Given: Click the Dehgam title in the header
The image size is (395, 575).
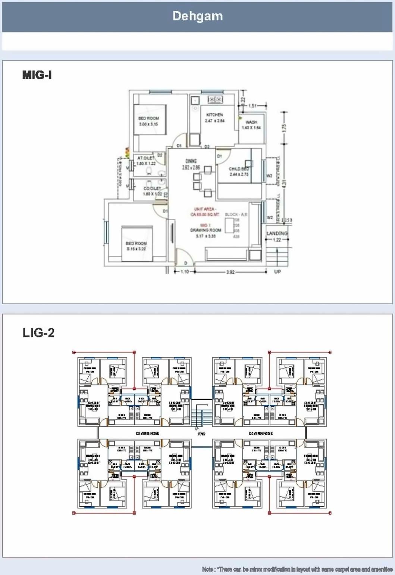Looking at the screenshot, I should click(197, 16).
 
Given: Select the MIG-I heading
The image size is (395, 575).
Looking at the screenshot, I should click(37, 75).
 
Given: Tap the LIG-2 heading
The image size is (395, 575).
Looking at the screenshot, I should click(38, 333).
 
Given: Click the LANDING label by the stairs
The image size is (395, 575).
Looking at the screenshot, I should click(277, 233).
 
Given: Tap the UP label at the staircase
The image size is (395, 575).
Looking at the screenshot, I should click(277, 272).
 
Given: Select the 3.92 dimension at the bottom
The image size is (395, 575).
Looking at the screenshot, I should click(230, 272).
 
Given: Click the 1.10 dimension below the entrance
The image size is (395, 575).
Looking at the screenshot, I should click(184, 272).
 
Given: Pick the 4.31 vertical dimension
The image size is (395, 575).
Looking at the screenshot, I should click(284, 184).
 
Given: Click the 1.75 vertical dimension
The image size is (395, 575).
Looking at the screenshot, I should click(284, 128).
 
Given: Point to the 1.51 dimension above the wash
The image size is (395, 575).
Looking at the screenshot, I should click(253, 106).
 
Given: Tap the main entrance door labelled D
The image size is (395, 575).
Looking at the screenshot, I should click(185, 263).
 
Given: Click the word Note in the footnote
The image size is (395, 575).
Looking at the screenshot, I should click(208, 569).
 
